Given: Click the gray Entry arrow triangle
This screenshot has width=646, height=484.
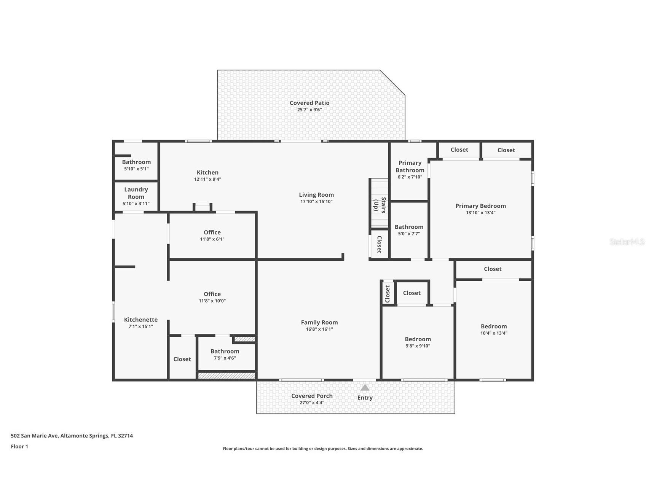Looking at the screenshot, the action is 365,387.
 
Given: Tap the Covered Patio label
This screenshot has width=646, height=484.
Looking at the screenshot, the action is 309,103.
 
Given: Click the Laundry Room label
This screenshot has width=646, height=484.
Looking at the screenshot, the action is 136,193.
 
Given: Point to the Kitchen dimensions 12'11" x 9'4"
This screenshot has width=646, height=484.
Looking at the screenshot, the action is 207,179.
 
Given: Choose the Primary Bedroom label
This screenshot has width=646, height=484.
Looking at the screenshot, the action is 481,206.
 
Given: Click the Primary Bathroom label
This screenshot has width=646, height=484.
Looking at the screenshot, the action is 410,166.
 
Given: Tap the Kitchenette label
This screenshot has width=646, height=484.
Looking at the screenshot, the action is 141,320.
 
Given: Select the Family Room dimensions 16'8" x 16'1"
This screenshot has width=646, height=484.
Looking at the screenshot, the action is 319,329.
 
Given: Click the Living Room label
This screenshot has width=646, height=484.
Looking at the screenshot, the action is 316,195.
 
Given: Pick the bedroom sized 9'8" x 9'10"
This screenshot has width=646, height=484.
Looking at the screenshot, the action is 418,342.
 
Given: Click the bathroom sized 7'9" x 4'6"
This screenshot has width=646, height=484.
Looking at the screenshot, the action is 225,354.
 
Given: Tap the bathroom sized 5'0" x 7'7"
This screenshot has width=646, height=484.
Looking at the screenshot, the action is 409,230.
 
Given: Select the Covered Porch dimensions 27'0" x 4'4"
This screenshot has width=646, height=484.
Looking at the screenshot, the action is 312,403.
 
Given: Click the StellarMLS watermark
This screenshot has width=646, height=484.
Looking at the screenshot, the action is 627,242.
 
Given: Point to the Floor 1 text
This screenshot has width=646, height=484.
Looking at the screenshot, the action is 19,446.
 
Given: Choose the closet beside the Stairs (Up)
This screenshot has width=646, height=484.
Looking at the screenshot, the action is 379,244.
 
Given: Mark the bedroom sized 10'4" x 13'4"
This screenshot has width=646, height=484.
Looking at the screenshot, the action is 494,330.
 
